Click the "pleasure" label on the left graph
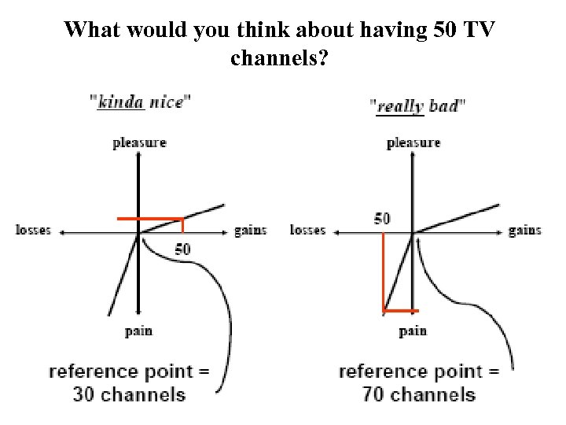pyautogui.click(x=139, y=142)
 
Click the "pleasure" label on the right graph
pyautogui.click(x=413, y=142)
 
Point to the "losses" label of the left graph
pyautogui.click(x=33, y=230)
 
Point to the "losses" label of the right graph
pyautogui.click(x=307, y=230)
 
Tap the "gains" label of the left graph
pyautogui.click(x=250, y=231)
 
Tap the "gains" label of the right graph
pyautogui.click(x=524, y=231)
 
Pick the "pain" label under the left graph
pyautogui.click(x=138, y=331)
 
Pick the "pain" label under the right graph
pyautogui.click(x=413, y=331)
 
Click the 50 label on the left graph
pyautogui.click(x=182, y=249)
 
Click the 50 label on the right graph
pyautogui.click(x=382, y=218)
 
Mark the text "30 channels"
pyautogui.click(x=129, y=394)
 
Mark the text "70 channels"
pyautogui.click(x=419, y=394)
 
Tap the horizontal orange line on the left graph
pyautogui.click(x=149, y=217)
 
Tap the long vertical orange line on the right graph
pyautogui.click(x=383, y=268)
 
